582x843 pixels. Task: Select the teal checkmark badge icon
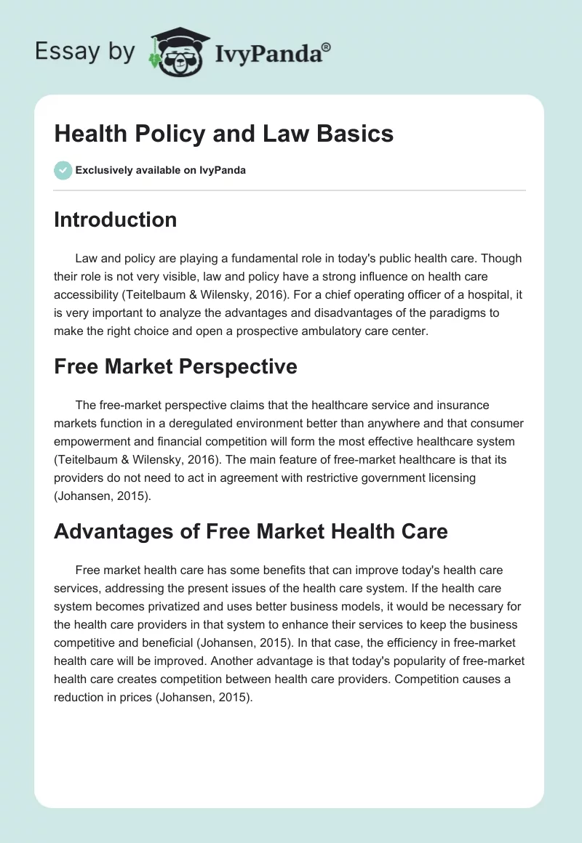[x=63, y=170]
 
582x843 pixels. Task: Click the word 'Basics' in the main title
[x=356, y=134]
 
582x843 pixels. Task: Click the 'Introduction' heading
[x=115, y=219]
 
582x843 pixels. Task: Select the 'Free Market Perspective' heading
[x=175, y=366]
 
